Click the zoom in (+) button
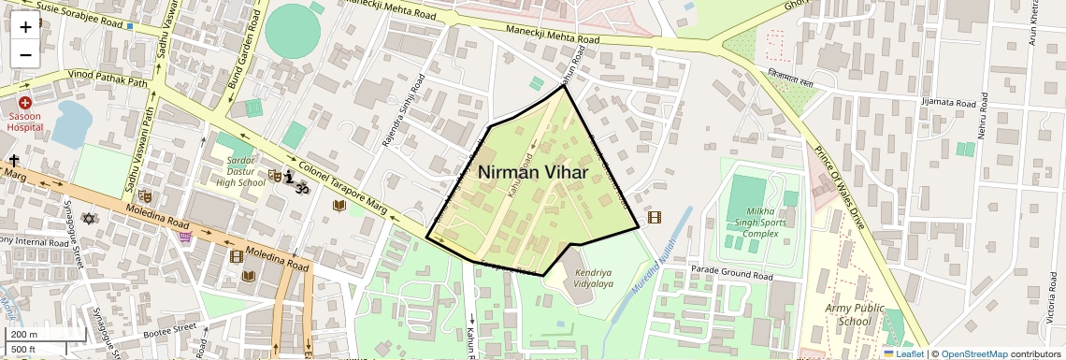coord(25,26)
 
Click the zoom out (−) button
coord(25,54)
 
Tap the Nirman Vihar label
coord(533,173)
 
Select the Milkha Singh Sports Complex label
coord(754,220)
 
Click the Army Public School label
coord(848,314)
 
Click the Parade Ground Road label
coord(731,276)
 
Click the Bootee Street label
coord(171,328)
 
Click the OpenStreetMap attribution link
coord(973,353)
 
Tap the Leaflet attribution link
coord(904,353)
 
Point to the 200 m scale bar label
coord(23,334)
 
